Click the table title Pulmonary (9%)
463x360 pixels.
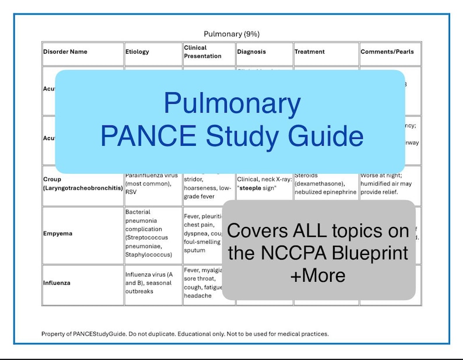[x=232, y=34]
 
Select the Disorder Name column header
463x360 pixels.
[x=65, y=51]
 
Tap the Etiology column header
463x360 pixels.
[x=137, y=51]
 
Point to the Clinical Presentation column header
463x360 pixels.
[x=202, y=52]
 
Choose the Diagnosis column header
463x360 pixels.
[x=251, y=51]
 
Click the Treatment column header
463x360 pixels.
[x=310, y=51]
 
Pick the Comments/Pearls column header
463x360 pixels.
[x=387, y=51]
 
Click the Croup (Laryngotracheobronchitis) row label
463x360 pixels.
[x=82, y=184]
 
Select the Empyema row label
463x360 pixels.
[x=58, y=234]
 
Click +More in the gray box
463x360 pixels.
[x=318, y=275]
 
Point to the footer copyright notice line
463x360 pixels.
[x=185, y=334]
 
